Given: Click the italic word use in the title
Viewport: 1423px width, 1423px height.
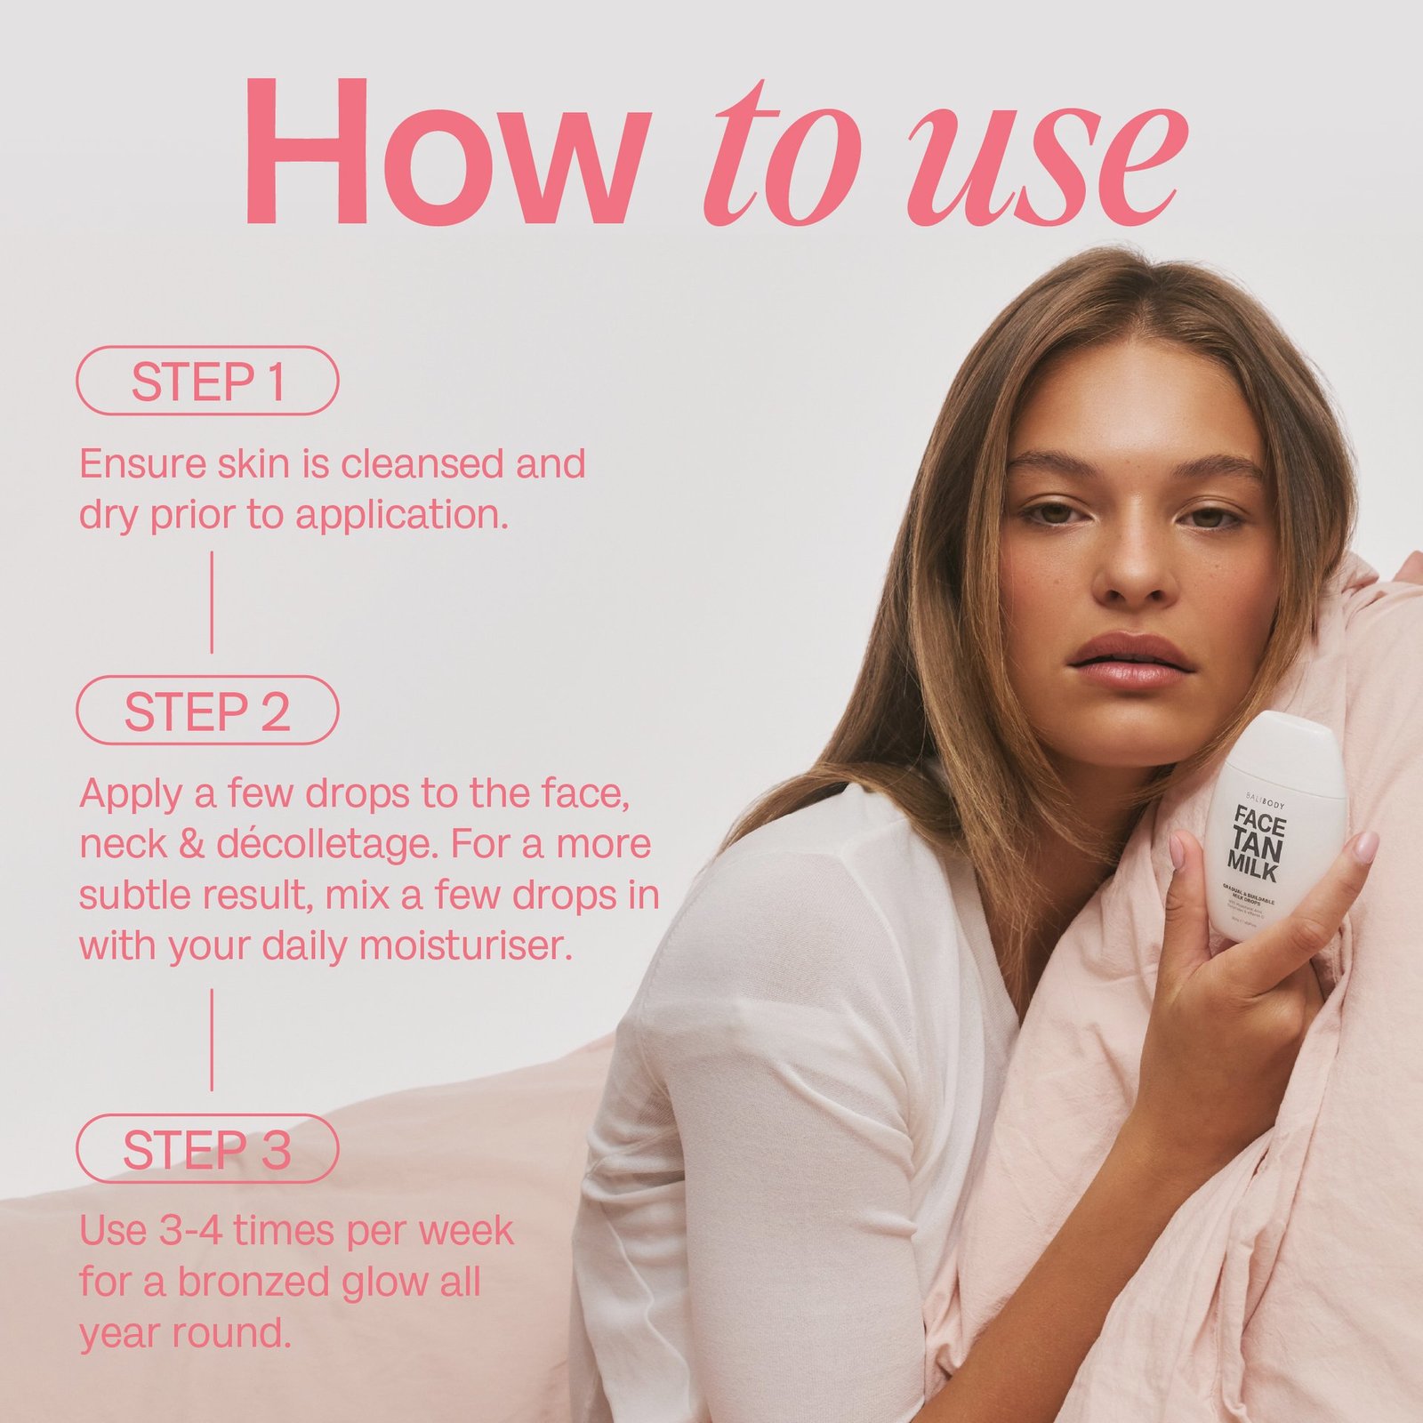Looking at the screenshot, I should (1045, 165).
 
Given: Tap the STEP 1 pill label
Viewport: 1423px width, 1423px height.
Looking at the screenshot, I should (207, 381).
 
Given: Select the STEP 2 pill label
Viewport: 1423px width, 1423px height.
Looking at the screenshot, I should (207, 711).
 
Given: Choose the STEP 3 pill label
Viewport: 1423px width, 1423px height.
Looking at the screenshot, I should (207, 1148).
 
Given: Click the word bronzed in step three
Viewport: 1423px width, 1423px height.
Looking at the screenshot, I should (254, 1282).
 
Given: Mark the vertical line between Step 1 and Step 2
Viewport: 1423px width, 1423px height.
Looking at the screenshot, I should (212, 602).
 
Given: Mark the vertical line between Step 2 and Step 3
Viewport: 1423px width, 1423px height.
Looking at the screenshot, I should (212, 1039).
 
